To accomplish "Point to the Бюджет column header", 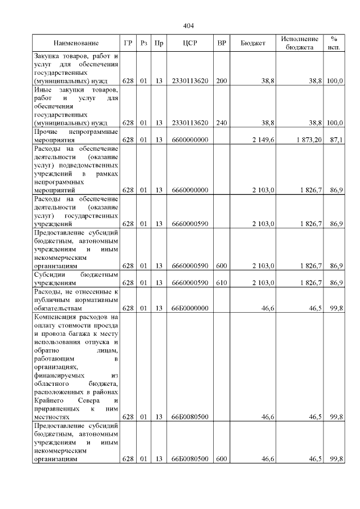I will pyautogui.click(x=253, y=43).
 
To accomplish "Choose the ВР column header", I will pyautogui.click(x=222, y=43).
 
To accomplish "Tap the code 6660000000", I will pyautogui.click(x=190, y=191).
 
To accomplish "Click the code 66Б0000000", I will pyautogui.click(x=190, y=309).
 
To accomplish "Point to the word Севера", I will pyautogui.click(x=83, y=400).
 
